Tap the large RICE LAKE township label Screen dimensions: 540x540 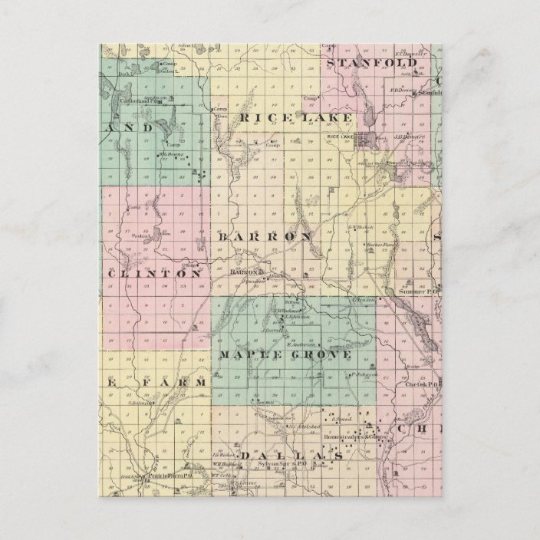click(295, 117)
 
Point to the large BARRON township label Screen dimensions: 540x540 click(265, 237)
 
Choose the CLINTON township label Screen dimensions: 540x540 click(158, 273)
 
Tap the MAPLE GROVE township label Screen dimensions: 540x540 click(285, 355)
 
